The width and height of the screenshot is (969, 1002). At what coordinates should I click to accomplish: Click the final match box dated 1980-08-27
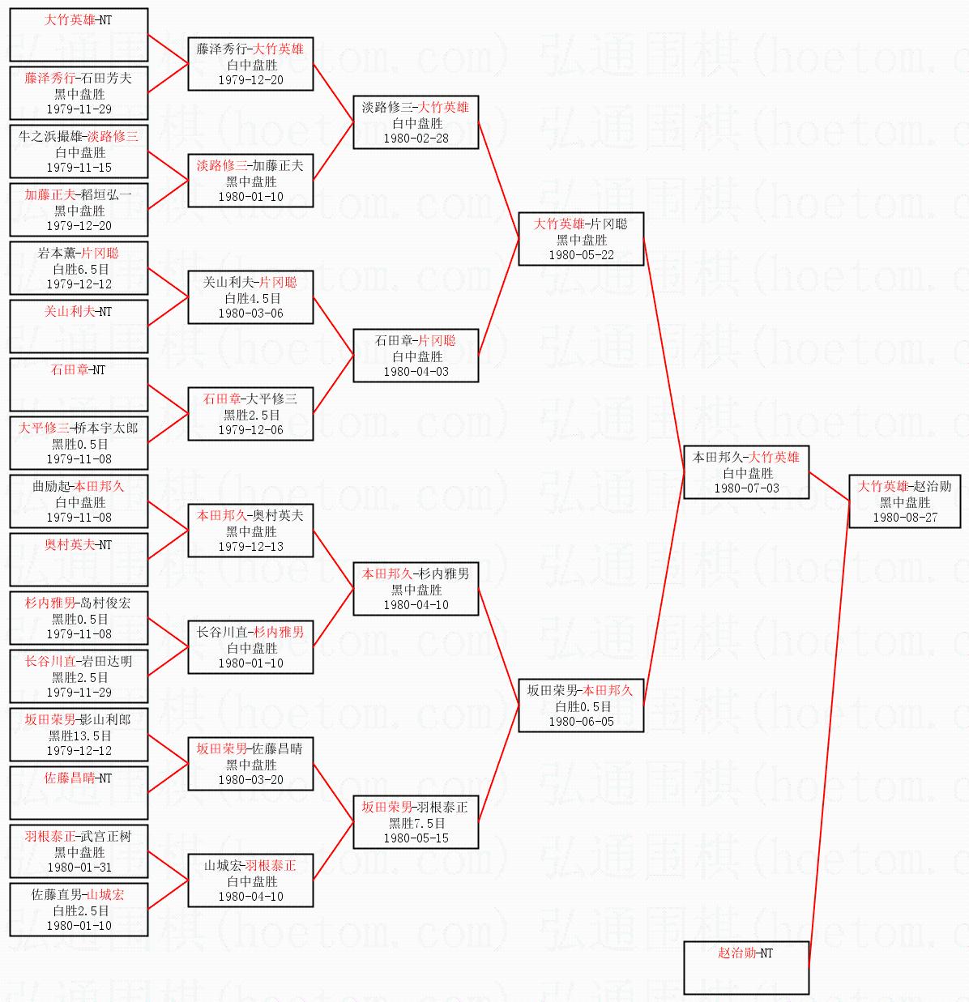904,501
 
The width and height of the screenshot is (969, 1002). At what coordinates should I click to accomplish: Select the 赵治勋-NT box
745,967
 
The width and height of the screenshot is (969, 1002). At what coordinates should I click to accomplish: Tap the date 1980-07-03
746,488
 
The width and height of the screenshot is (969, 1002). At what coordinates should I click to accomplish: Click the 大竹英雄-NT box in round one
79,35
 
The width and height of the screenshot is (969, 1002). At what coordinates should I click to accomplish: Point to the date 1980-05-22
581,255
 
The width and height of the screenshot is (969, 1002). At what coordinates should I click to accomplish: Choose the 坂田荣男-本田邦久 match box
581,706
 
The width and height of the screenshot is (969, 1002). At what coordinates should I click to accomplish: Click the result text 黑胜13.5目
79,736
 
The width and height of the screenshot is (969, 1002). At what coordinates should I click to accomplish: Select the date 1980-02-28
416,139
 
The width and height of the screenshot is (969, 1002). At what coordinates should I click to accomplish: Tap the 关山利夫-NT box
79,326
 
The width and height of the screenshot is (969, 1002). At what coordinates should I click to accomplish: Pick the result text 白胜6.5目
79,269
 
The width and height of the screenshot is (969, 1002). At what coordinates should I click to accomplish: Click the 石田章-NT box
79,385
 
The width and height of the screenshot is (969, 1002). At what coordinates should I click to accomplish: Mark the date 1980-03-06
250,313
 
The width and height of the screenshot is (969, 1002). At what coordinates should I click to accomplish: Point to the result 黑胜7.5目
416,823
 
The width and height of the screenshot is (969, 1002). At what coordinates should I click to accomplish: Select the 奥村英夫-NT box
79,559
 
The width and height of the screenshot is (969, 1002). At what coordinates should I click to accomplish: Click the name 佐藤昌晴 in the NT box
68,778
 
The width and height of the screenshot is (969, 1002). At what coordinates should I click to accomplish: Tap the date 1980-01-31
79,868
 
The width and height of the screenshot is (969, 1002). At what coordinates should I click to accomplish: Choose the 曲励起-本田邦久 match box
79,501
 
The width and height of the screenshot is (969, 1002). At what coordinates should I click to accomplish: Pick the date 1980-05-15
416,838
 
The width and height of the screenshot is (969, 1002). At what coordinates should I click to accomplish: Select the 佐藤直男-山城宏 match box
79,910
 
